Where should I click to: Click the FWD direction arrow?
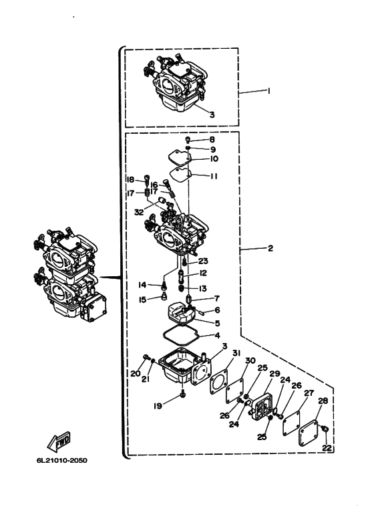pyautogui.click(x=59, y=441)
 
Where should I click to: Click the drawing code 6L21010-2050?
pyautogui.click(x=62, y=460)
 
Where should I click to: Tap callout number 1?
pyautogui.click(x=268, y=91)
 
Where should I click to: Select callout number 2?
pyautogui.click(x=270, y=248)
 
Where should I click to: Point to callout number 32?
pyautogui.click(x=139, y=212)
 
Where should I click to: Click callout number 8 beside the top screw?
pyautogui.click(x=212, y=140)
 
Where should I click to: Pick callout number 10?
pyautogui.click(x=214, y=159)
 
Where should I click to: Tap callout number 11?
pyautogui.click(x=214, y=176)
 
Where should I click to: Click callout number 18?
pyautogui.click(x=130, y=180)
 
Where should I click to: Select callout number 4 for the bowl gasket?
pyautogui.click(x=217, y=336)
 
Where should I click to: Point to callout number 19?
pyautogui.click(x=158, y=405)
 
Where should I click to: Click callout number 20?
pyautogui.click(x=136, y=374)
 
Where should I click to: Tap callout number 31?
pyautogui.click(x=236, y=353)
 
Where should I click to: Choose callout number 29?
pyautogui.click(x=274, y=374)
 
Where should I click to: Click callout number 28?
pyautogui.click(x=323, y=401)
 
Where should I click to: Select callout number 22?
pyautogui.click(x=327, y=448)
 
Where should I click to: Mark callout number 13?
pyautogui.click(x=203, y=288)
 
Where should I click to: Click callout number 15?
pyautogui.click(x=142, y=300)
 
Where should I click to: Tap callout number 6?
pyautogui.click(x=217, y=310)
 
